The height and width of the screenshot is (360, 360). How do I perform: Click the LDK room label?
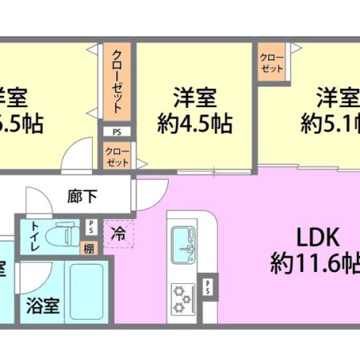pos(298,238)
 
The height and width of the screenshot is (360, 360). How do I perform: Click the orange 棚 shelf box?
pos(89,248)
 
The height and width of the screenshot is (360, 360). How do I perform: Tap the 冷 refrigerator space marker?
pos(118,234)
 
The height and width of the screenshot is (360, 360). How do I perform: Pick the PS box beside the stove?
pos(210,285)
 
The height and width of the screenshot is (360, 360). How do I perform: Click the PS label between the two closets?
pos(117,132)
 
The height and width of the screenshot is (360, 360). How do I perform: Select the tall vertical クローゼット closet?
pos(117,83)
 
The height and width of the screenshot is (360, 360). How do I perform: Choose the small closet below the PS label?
pos(117,155)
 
